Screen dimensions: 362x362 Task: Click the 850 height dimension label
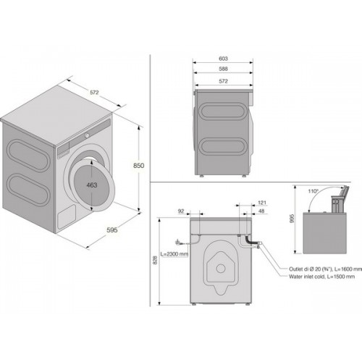[138, 166]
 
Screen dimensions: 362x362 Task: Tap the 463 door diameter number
[92, 185]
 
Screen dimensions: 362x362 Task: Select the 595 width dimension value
[112, 230]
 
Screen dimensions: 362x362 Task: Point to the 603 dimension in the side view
[223, 59]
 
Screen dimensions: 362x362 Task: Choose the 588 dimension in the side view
[223, 69]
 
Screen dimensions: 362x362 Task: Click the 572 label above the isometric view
[94, 92]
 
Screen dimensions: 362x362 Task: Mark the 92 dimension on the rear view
[181, 211]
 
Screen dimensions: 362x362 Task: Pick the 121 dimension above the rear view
[262, 203]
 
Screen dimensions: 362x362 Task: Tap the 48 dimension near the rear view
[261, 211]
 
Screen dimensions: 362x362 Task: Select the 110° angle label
[313, 191]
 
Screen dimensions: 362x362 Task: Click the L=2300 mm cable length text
[174, 254]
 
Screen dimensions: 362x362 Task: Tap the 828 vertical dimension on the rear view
[155, 260]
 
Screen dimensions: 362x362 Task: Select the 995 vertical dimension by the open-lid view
[291, 219]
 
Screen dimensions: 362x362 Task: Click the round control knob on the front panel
[87, 135]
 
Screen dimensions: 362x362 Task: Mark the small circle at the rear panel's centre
[221, 268]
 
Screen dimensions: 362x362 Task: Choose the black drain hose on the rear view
[251, 240]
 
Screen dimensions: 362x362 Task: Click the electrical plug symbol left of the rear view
[178, 242]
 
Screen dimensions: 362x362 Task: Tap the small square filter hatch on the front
[67, 216]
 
